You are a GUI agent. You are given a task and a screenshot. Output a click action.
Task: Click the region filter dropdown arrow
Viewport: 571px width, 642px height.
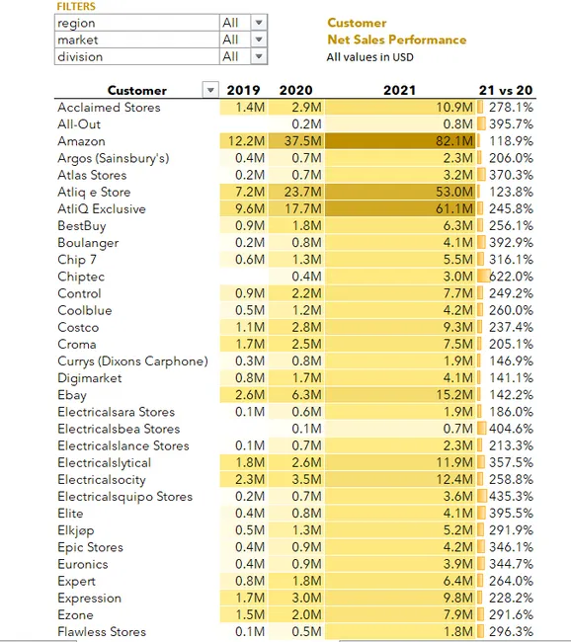point(259,23)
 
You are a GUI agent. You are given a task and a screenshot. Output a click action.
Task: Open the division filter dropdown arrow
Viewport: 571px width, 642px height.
point(259,57)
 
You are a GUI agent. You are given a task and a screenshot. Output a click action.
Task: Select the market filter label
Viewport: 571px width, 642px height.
point(78,40)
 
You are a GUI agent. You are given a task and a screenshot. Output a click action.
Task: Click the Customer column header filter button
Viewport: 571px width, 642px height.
point(208,91)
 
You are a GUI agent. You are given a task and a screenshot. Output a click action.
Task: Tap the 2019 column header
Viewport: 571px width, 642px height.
point(244,91)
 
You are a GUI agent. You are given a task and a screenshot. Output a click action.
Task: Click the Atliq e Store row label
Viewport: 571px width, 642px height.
point(94,193)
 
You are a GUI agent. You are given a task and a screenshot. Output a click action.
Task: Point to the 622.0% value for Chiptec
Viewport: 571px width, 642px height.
point(509,277)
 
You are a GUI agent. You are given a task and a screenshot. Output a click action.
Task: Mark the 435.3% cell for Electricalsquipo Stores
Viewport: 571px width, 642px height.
point(509,497)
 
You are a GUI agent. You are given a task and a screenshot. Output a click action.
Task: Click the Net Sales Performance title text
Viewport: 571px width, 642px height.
point(396,40)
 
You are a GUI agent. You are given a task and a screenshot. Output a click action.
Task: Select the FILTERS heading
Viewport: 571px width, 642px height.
point(76,7)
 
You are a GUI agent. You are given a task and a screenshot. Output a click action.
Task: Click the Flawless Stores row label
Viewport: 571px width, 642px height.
point(102,632)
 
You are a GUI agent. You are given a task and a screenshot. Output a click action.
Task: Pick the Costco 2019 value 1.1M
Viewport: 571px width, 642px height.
point(249,328)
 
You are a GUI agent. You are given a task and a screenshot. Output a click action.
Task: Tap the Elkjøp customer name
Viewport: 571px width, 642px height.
point(78,530)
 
